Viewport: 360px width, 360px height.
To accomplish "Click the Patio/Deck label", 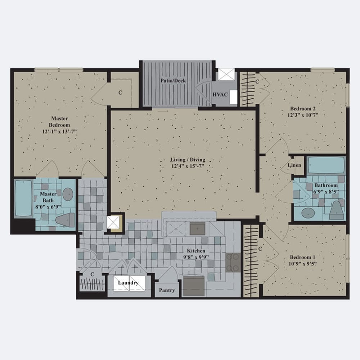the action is click(173, 81).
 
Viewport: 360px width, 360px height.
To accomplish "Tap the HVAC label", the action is click(220, 95).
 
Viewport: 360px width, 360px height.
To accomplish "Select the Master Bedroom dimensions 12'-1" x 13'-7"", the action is click(59, 131).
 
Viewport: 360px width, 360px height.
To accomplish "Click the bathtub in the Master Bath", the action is click(23, 198).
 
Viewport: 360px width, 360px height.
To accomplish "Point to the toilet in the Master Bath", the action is click(66, 220).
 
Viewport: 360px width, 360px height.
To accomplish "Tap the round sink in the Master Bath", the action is click(68, 194).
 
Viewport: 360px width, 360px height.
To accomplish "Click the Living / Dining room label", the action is click(188, 159).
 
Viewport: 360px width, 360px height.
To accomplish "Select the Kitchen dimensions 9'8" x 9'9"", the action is click(196, 257).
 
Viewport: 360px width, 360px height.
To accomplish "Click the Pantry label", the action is click(167, 290).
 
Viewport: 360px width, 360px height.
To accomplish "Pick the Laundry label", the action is click(128, 283).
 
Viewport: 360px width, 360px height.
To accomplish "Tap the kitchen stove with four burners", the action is click(233, 262).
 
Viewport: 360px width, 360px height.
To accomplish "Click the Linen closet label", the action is click(294, 165).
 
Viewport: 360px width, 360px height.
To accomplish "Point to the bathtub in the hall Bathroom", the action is click(326, 166).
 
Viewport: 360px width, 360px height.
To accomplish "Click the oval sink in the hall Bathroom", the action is click(308, 213).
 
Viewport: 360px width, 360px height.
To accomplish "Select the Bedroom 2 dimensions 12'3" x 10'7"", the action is click(303, 115).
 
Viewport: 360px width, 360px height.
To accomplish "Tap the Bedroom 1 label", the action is click(302, 257).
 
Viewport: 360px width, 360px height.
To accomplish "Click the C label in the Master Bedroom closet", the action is click(120, 93).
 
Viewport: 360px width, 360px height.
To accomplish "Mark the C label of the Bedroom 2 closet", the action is click(257, 81).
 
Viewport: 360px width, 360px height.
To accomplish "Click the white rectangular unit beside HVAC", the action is click(234, 97).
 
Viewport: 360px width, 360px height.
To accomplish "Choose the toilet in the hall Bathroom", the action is click(336, 210).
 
